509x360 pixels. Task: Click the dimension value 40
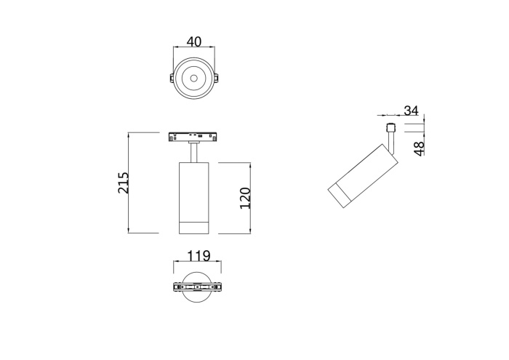[194, 42]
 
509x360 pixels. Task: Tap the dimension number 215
[124, 183]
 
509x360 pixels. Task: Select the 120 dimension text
[245, 198]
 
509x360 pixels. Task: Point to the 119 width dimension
[198, 256]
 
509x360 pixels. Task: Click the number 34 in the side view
[411, 111]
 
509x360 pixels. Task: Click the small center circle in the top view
[194, 77]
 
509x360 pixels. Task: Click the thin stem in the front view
[194, 152]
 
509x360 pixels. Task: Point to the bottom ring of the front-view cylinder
[194, 226]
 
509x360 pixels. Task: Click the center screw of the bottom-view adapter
[196, 288]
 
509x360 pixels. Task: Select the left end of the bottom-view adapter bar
[176, 288]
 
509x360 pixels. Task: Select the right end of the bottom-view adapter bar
[216, 288]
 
